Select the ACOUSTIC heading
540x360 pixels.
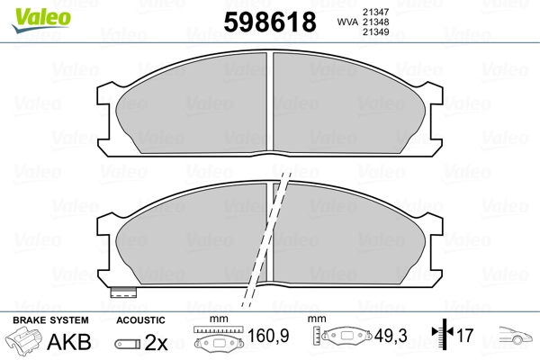coord(140,320)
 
